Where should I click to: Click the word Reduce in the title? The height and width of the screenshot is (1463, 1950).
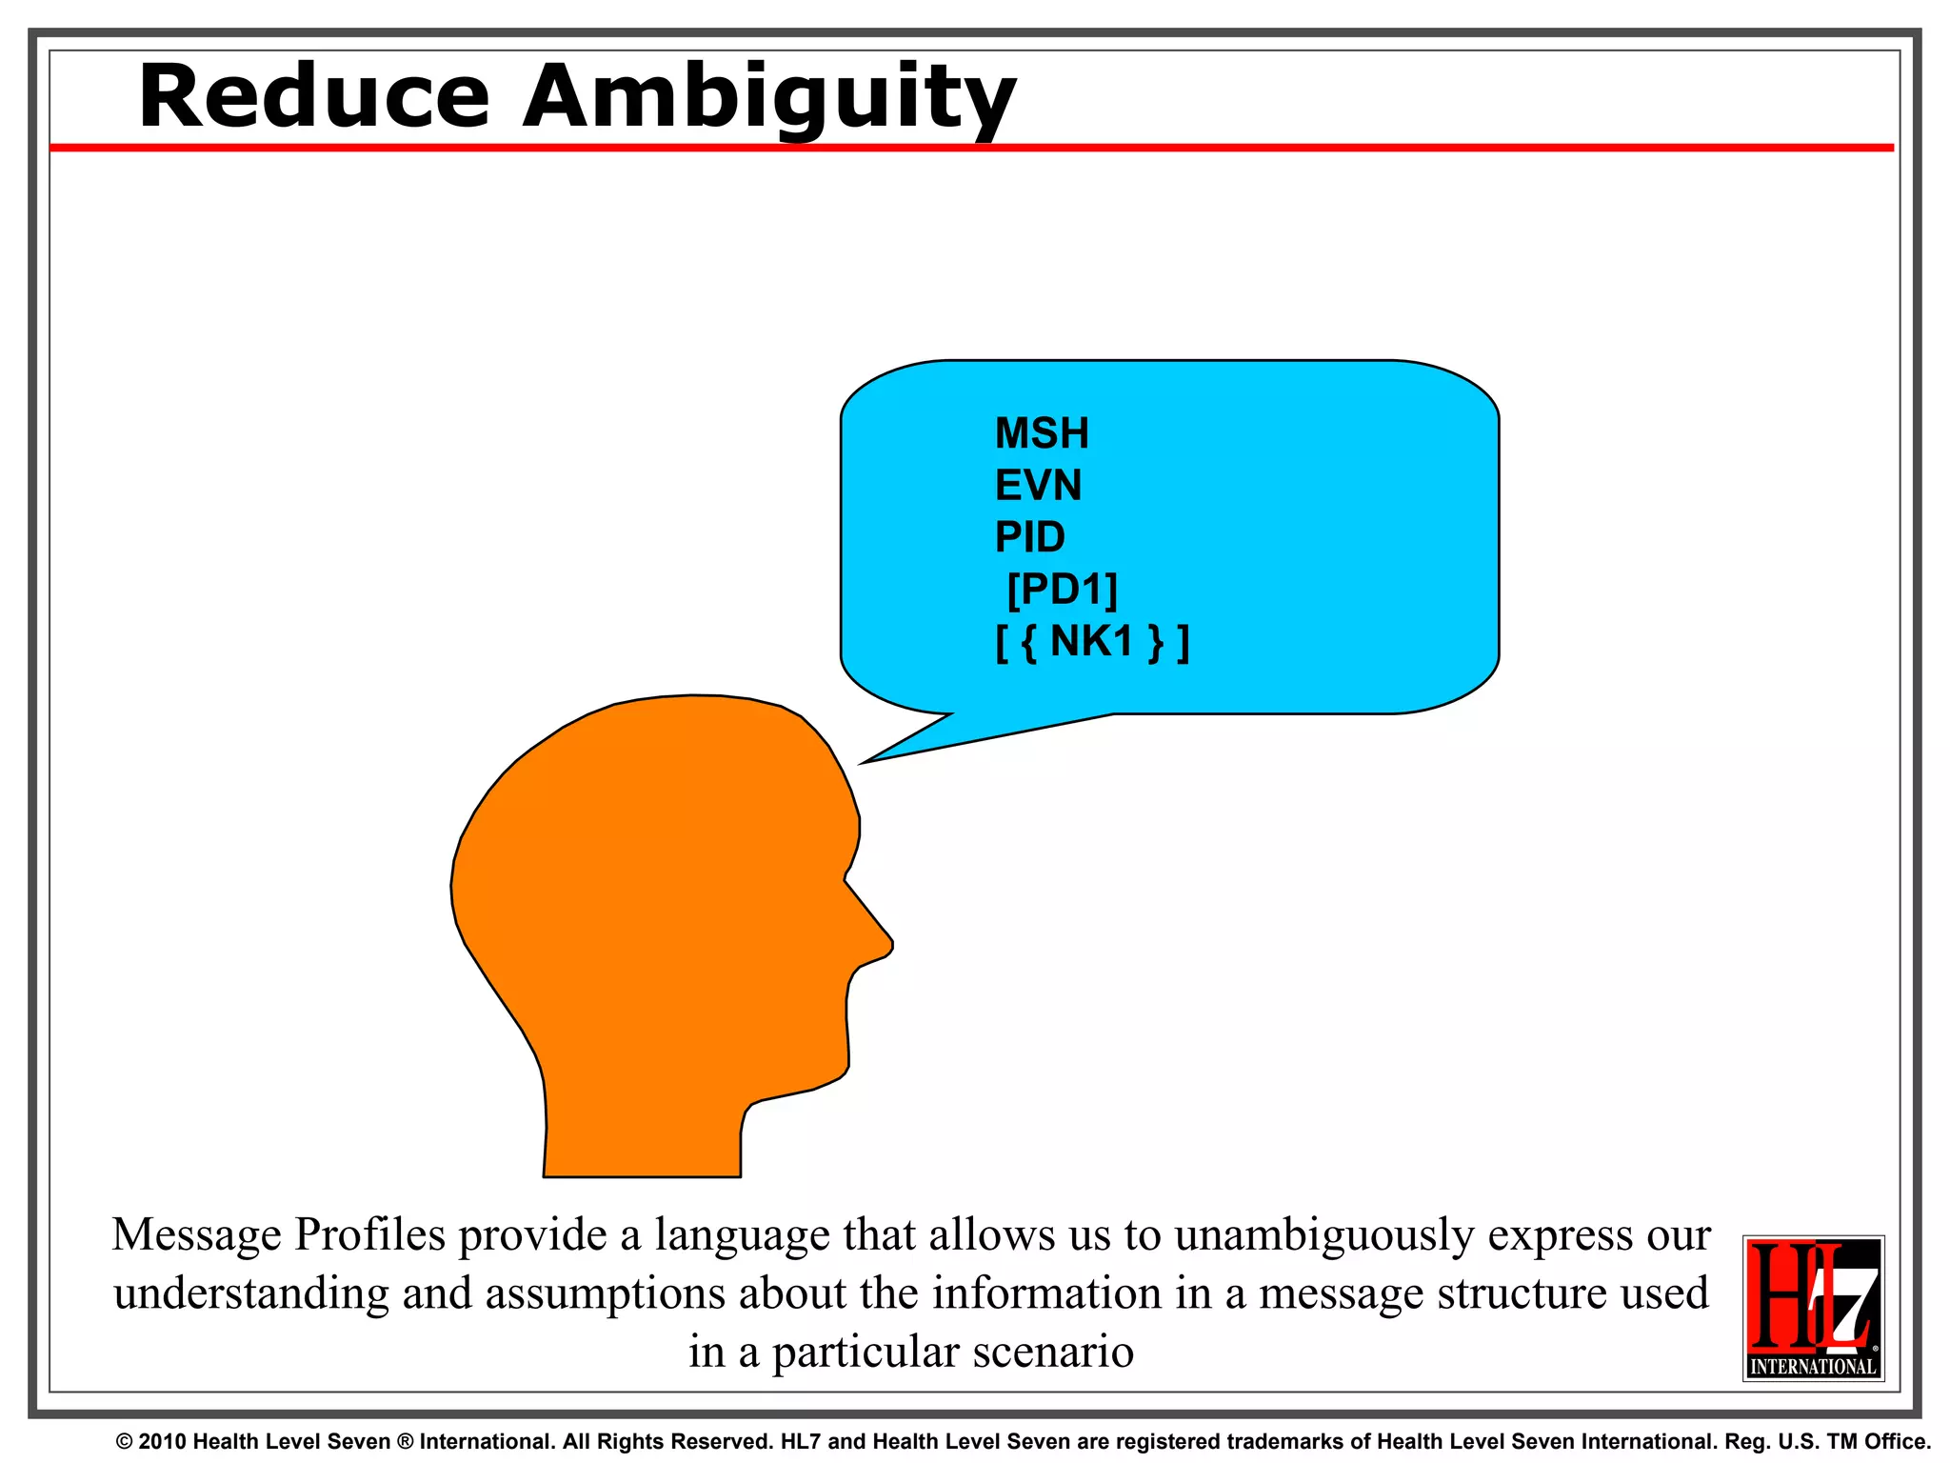pyautogui.click(x=314, y=97)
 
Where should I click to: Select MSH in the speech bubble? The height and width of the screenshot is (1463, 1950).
pyautogui.click(x=1042, y=433)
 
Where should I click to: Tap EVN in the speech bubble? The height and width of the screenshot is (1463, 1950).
pyautogui.click(x=1038, y=486)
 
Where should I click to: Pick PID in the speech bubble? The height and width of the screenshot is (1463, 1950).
pyautogui.click(x=1029, y=537)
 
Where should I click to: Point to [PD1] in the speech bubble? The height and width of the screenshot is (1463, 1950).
pyautogui.click(x=1062, y=590)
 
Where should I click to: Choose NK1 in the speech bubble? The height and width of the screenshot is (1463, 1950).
pyautogui.click(x=1092, y=641)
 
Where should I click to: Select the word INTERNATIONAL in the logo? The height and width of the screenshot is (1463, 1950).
pyautogui.click(x=1813, y=1366)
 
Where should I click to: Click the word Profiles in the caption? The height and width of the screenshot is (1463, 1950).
pyautogui.click(x=369, y=1234)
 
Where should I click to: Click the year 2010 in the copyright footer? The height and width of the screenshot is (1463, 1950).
pyautogui.click(x=161, y=1442)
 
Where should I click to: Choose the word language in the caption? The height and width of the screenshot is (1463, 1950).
pyautogui.click(x=728, y=1236)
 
